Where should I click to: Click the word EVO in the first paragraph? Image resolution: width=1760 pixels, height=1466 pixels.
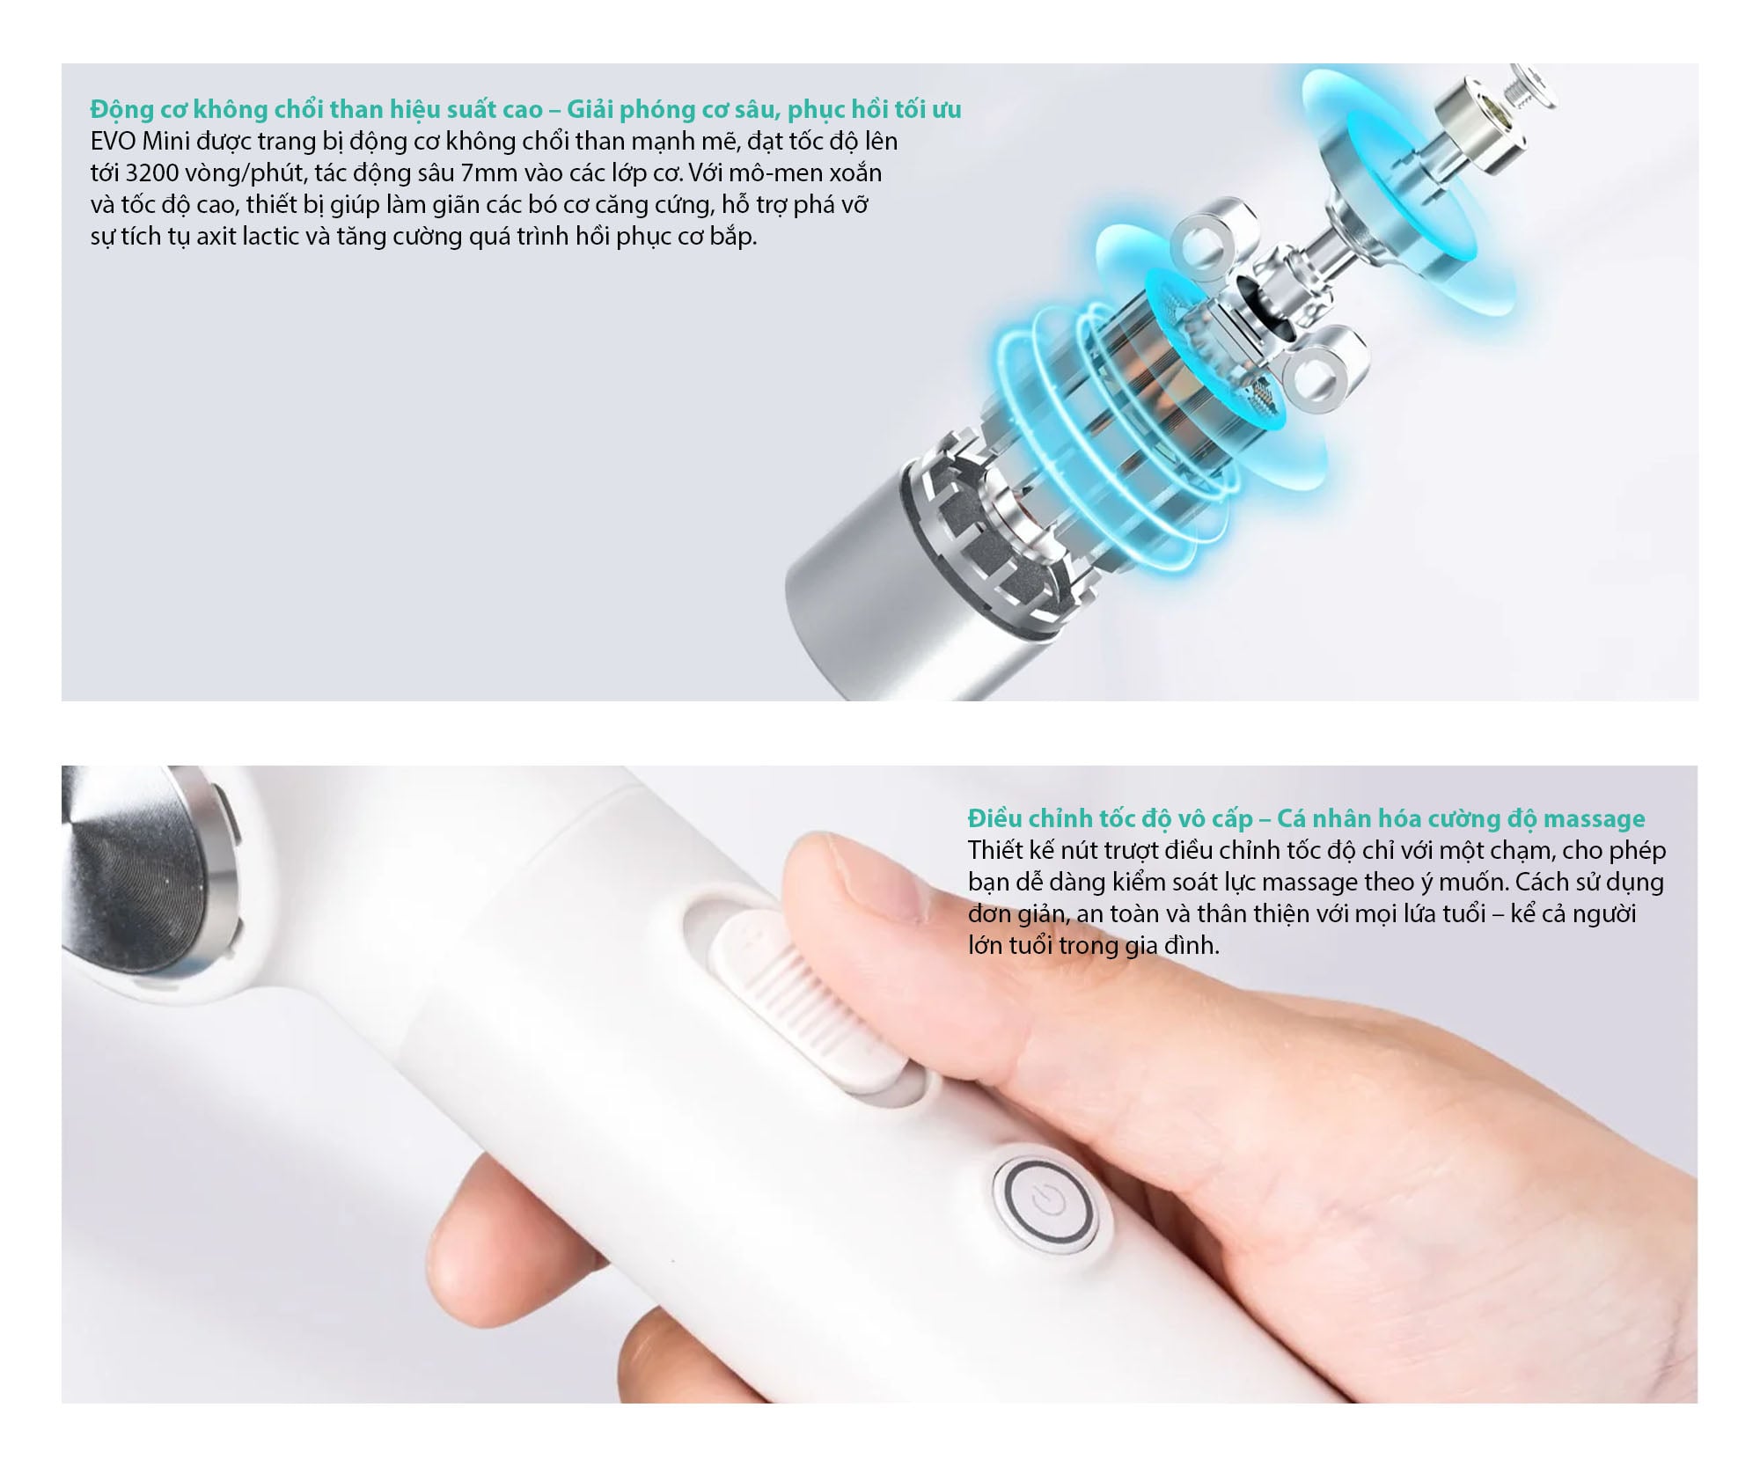click(113, 141)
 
